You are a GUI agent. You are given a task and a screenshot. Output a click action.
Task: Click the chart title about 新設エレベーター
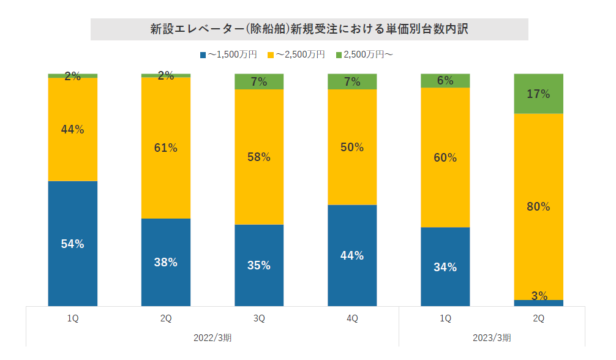click(x=309, y=29)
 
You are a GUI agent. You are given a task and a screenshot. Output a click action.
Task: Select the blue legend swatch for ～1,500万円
click(x=203, y=55)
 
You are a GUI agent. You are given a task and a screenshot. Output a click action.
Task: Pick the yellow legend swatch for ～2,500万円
click(x=271, y=55)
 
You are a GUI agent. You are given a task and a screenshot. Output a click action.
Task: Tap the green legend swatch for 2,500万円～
click(x=339, y=55)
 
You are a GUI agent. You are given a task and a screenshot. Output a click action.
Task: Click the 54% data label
click(x=72, y=244)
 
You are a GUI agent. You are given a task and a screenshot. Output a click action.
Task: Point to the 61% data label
click(x=165, y=148)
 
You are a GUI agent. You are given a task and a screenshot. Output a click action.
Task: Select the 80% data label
click(x=538, y=206)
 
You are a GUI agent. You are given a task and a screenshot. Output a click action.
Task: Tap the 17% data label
click(x=538, y=94)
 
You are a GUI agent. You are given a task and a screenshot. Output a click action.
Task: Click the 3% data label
click(x=539, y=296)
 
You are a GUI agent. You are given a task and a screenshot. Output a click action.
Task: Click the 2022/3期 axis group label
click(x=212, y=337)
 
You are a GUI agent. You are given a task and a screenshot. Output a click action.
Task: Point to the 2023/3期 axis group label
click(x=492, y=337)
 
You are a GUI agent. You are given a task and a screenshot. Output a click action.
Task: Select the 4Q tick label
click(x=352, y=318)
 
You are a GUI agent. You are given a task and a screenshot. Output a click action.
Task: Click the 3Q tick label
click(x=259, y=318)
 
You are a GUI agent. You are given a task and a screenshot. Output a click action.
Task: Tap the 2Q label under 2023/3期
click(x=538, y=318)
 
